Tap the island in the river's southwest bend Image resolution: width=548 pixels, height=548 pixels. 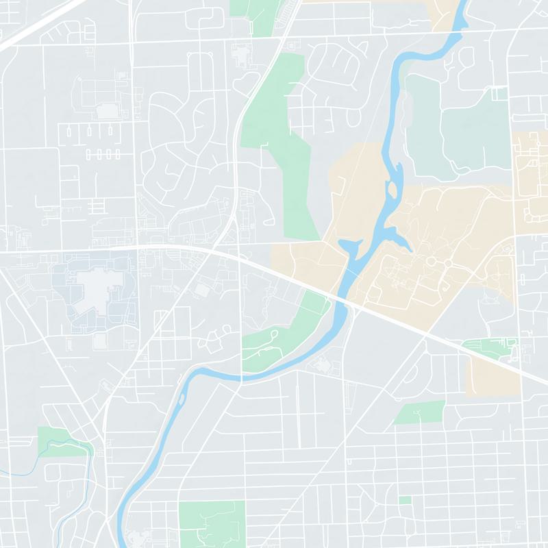click(182, 397)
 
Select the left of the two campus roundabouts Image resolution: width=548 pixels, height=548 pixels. click(431, 262)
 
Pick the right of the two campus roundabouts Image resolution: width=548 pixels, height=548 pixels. click(447, 263)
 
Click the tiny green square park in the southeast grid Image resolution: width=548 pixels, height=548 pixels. click(405, 500)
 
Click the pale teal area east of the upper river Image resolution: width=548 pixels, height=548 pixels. click(459, 130)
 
